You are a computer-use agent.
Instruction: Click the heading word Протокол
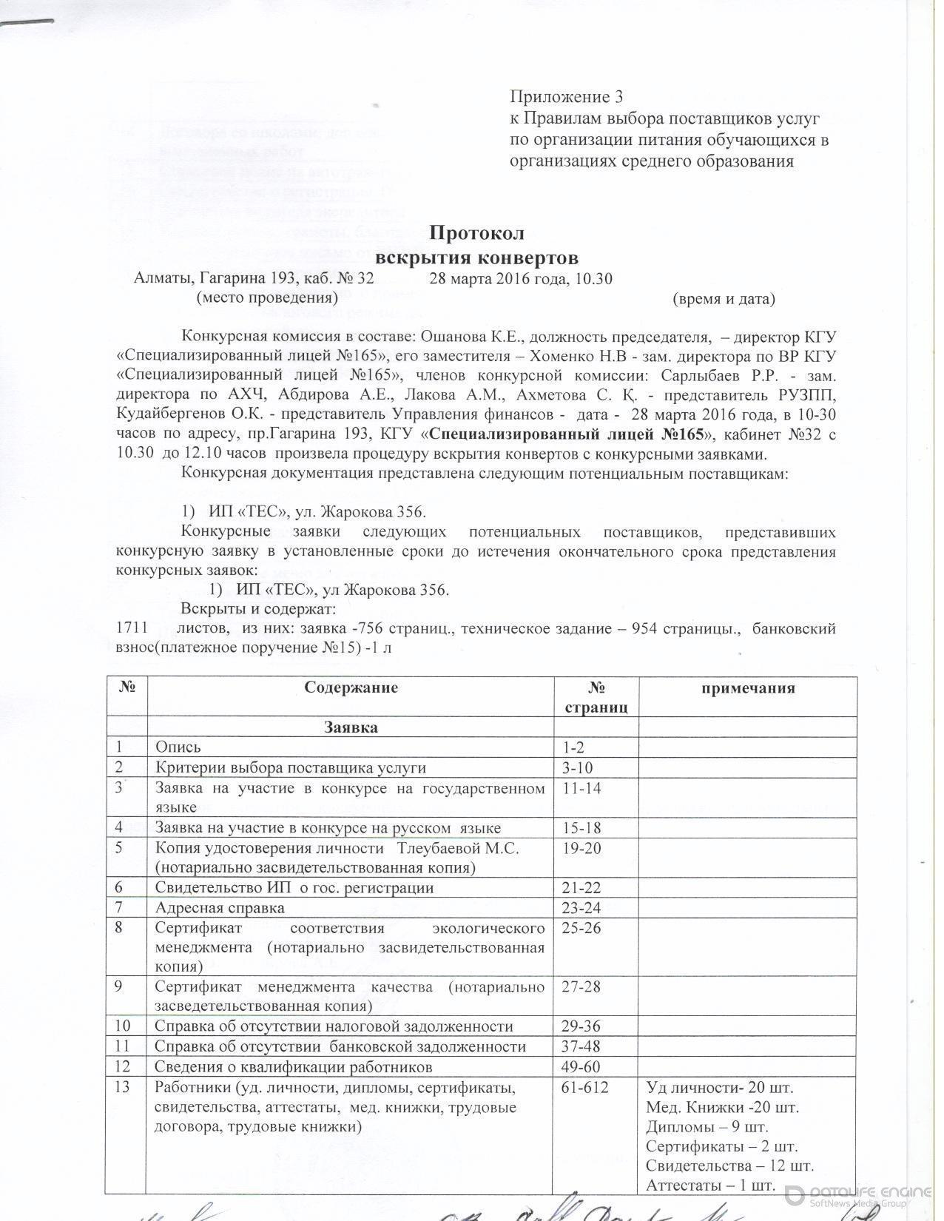(x=476, y=233)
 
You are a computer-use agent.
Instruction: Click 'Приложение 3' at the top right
(x=567, y=97)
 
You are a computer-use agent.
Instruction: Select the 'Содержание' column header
(x=351, y=687)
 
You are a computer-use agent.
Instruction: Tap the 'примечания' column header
(x=747, y=688)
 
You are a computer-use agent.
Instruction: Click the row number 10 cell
(x=118, y=1026)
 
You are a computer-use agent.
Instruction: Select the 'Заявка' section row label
(x=351, y=727)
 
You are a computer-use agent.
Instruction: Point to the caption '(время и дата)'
(x=724, y=299)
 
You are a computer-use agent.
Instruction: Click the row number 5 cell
(x=118, y=848)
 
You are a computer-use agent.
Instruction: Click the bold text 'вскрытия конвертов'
(x=476, y=258)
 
